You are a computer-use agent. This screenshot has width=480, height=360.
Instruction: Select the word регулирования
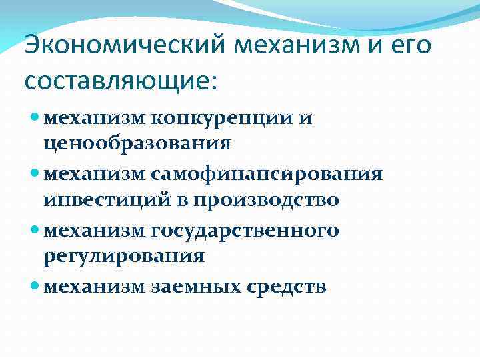[x=124, y=255]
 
